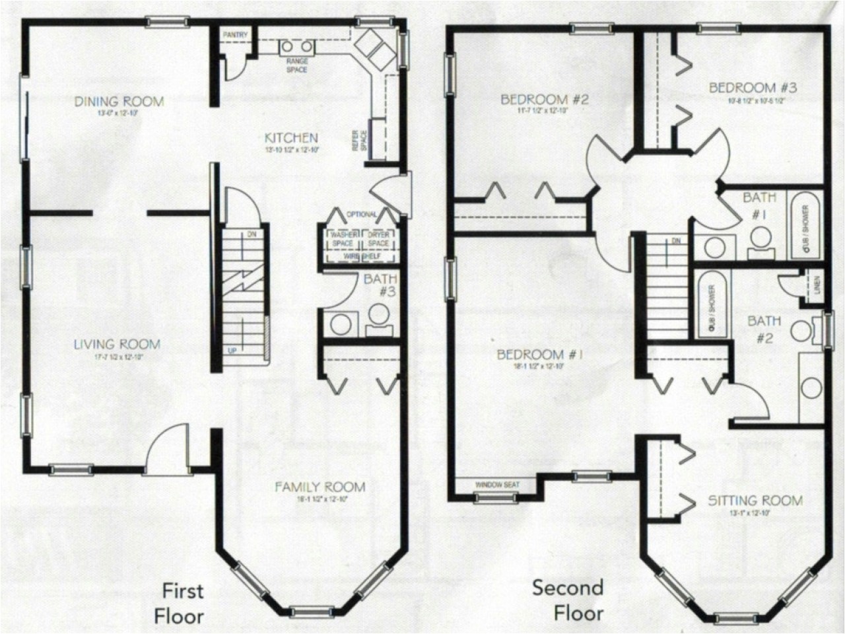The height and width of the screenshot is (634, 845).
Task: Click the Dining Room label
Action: coord(119,102)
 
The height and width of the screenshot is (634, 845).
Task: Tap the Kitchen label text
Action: coord(291,138)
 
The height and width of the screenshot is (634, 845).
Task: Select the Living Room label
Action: coord(117,344)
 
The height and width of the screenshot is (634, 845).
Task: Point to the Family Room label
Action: coord(320,487)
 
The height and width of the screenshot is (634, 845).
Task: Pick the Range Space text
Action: coord(296,65)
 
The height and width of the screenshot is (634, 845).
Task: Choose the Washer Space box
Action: coord(342,239)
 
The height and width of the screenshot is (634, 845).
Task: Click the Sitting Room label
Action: coord(755,501)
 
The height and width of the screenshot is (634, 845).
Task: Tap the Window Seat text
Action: coord(497,485)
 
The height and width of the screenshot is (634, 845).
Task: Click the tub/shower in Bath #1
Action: coord(804,226)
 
